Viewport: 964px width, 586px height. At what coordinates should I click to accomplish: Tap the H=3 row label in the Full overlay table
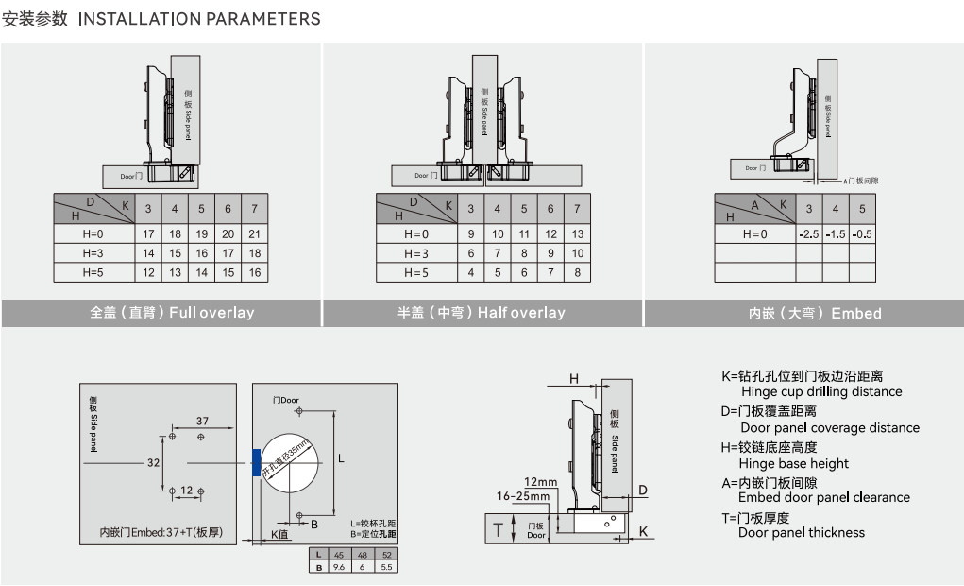[92, 253]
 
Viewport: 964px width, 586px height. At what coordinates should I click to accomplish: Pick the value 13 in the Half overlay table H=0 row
[578, 233]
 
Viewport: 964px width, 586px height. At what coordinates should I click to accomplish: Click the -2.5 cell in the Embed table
[808, 233]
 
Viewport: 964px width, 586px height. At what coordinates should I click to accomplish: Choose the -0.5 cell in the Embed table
[861, 233]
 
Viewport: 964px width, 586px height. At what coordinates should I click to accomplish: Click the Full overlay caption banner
[172, 313]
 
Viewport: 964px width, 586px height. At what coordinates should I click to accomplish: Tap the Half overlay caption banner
[482, 313]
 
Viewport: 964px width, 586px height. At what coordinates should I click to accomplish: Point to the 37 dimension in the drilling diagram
[202, 420]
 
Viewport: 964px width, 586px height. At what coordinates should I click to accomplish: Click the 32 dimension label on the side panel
[154, 463]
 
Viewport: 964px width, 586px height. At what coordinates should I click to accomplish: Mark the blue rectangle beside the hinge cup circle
[256, 462]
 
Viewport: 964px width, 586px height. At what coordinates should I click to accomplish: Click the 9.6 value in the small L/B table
[338, 566]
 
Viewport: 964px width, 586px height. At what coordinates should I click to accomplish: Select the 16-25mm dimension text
[522, 495]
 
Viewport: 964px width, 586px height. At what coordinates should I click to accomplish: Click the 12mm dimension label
[541, 482]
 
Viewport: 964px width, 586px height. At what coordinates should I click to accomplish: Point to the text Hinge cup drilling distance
[821, 391]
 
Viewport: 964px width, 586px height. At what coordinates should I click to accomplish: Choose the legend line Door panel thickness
[802, 532]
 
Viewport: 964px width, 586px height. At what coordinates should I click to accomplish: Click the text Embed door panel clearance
[824, 497]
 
